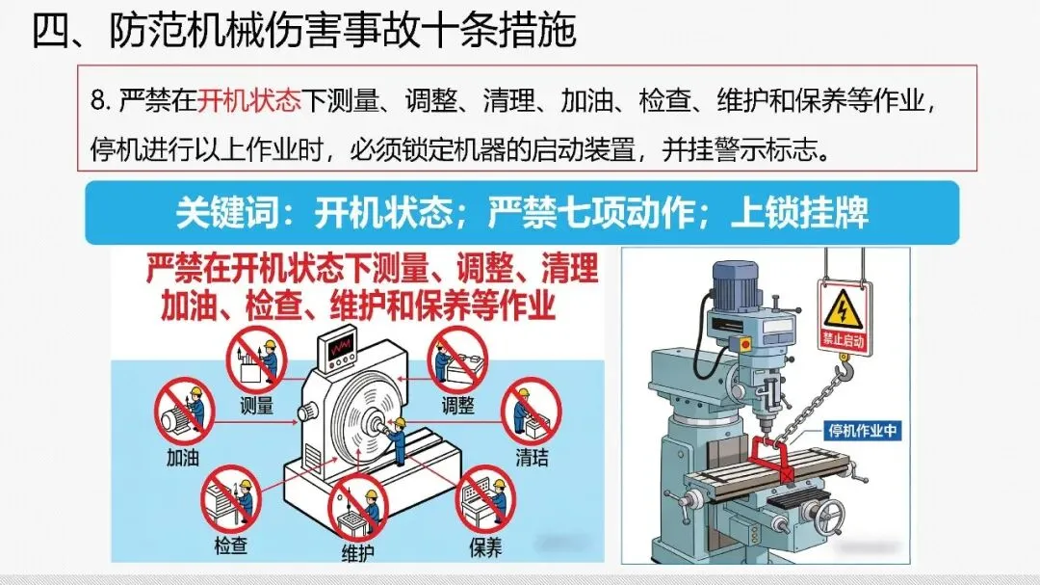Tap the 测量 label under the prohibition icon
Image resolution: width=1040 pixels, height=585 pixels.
pos(256,406)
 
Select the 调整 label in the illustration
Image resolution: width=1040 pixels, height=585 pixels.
pos(457,406)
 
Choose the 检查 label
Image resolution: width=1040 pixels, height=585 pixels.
pos(230,545)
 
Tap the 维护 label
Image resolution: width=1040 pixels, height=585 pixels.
pos(357,552)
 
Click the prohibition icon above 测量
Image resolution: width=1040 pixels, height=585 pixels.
pos(256,359)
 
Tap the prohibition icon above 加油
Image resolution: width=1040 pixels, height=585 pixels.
pos(183,411)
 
